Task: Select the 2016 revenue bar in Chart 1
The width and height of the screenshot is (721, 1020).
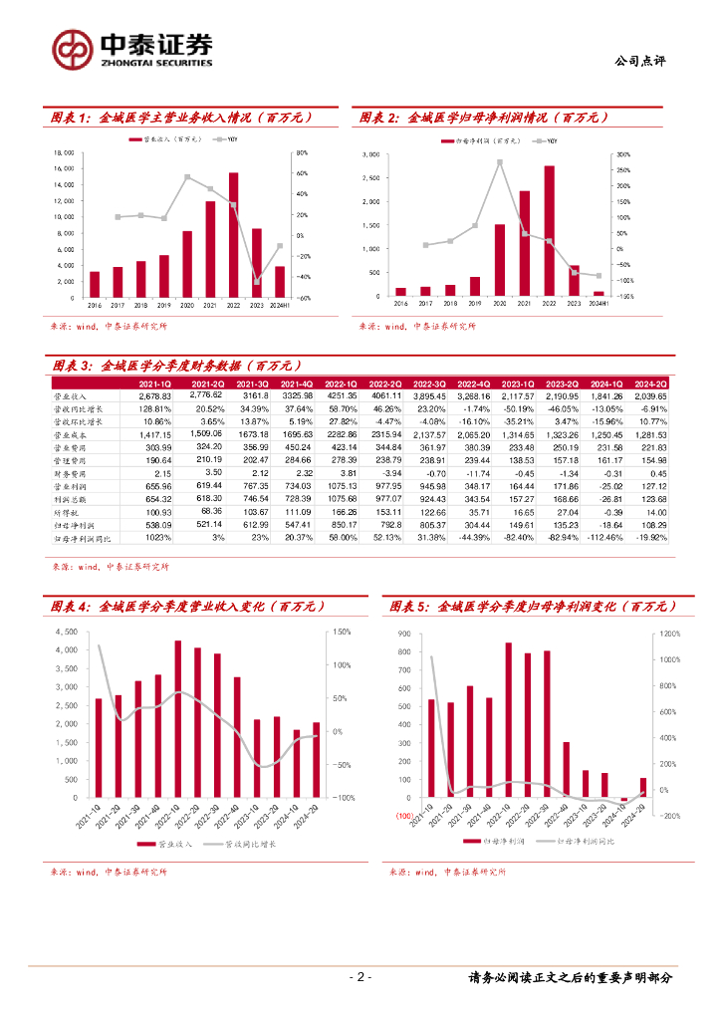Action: pos(94,285)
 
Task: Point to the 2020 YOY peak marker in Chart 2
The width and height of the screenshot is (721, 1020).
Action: pos(499,161)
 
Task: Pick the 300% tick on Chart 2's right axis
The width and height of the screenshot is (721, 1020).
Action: pos(624,154)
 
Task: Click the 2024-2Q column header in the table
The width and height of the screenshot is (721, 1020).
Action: pos(648,382)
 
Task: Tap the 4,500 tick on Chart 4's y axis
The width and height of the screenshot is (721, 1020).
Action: pos(66,632)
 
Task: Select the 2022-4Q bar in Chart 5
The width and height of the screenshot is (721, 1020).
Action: pos(566,770)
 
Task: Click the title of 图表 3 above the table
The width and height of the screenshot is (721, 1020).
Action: pos(179,366)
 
